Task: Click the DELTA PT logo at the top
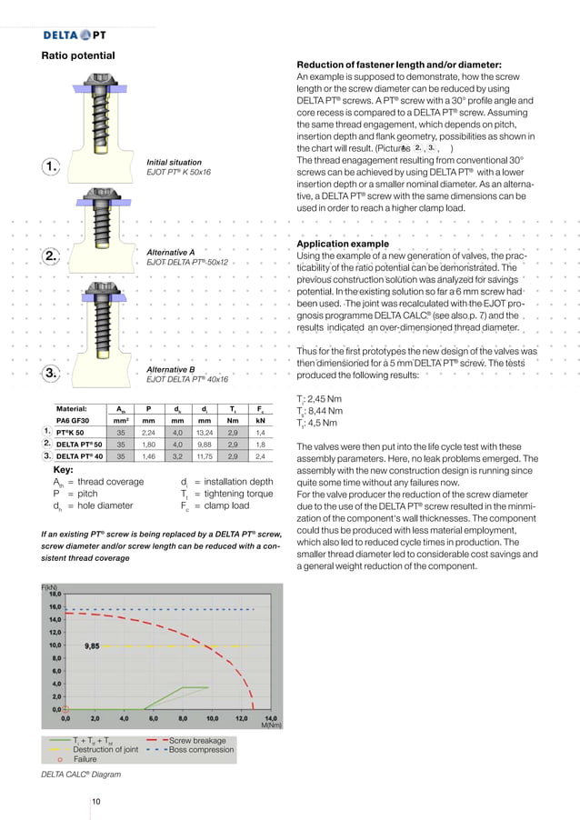(75, 35)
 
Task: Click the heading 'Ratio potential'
(78, 56)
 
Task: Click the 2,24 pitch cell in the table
(149, 434)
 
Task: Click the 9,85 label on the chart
(92, 645)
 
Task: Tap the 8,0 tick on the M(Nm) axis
(183, 717)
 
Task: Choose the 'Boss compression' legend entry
(201, 750)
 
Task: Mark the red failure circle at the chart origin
(65, 709)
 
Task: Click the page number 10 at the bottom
(95, 801)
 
